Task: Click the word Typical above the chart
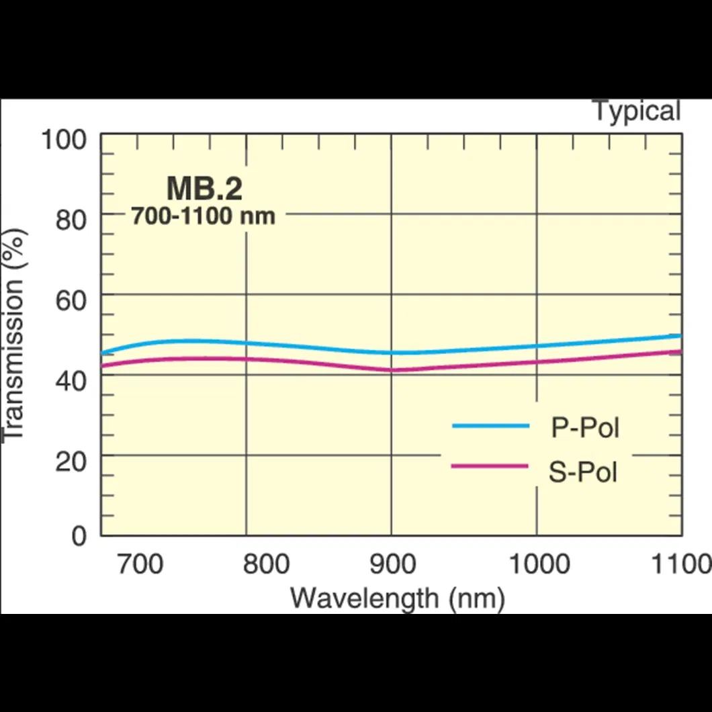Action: click(x=636, y=111)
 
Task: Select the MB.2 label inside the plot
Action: click(x=204, y=189)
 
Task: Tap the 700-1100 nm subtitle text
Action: click(x=203, y=216)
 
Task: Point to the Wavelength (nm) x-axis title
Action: click(x=398, y=597)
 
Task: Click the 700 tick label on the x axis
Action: click(x=140, y=565)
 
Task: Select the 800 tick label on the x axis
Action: click(x=267, y=565)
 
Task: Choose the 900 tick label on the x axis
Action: click(x=393, y=565)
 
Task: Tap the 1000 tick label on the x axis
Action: click(x=539, y=565)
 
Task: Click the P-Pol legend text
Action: click(x=584, y=428)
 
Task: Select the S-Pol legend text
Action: click(x=583, y=472)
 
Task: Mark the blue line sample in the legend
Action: click(x=491, y=426)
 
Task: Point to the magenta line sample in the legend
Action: click(x=491, y=466)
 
